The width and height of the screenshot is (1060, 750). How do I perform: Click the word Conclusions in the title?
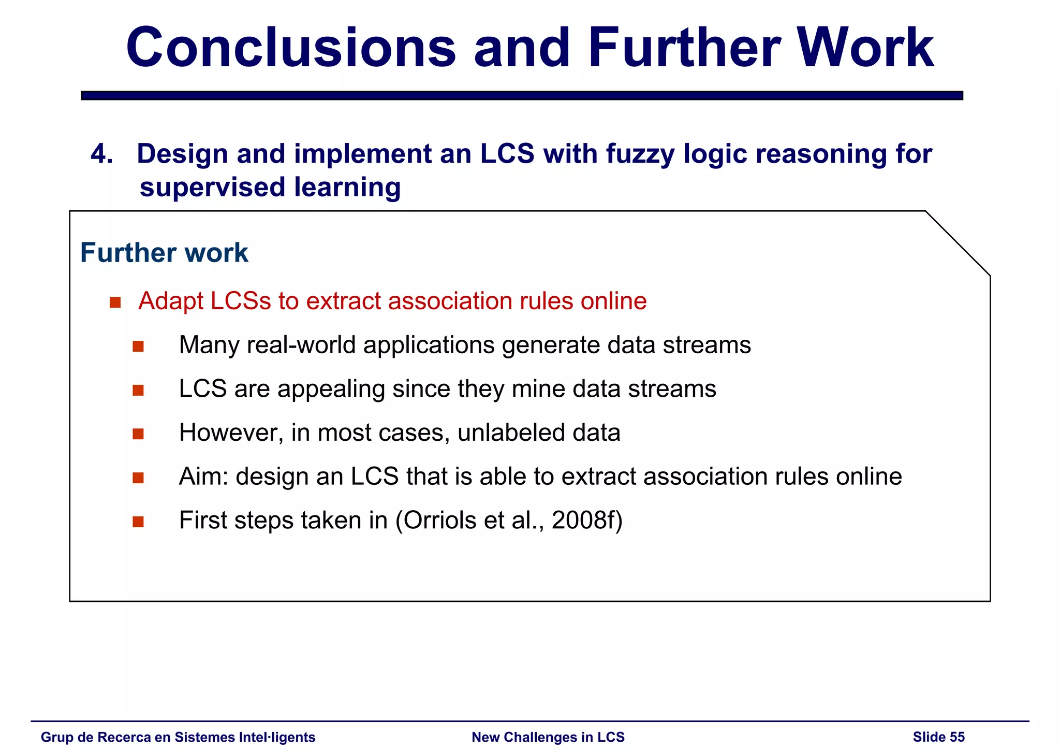pyautogui.click(x=291, y=48)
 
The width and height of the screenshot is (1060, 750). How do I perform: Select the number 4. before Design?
pyautogui.click(x=101, y=154)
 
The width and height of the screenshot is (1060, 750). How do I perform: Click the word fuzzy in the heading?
pyautogui.click(x=640, y=154)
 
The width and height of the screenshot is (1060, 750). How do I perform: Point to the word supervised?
pyautogui.click(x=212, y=187)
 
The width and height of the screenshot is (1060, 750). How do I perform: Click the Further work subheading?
pyautogui.click(x=164, y=253)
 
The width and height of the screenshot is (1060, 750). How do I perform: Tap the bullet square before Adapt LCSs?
pyautogui.click(x=115, y=302)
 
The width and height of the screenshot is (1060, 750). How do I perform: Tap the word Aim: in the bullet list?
pyautogui.click(x=203, y=477)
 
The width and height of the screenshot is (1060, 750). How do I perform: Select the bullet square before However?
pyautogui.click(x=138, y=434)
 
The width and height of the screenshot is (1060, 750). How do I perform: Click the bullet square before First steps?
pyautogui.click(x=138, y=521)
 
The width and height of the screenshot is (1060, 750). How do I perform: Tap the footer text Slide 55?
pyautogui.click(x=938, y=737)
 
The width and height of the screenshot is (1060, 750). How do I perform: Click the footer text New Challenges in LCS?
pyautogui.click(x=548, y=737)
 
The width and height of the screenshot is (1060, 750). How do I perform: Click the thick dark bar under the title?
pyautogui.click(x=522, y=95)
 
